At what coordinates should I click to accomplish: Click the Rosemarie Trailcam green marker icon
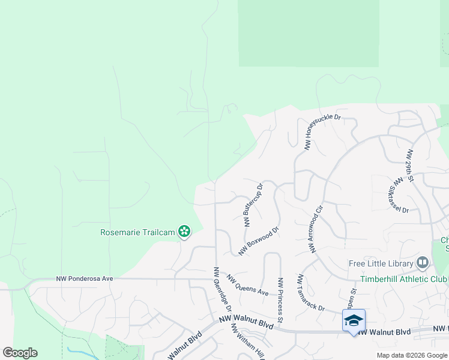184,232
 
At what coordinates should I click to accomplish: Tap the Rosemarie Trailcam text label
137,232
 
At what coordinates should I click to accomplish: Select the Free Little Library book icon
423,263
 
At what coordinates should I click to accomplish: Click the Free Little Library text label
381,263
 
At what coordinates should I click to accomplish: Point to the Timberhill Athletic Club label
404,279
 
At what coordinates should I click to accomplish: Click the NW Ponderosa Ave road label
85,278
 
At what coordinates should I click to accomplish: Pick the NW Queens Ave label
247,284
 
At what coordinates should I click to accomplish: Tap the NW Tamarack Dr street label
311,293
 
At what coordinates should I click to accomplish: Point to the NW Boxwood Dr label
259,241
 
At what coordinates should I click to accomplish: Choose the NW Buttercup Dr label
253,205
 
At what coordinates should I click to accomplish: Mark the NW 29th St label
410,165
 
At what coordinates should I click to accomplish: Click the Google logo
20,353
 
